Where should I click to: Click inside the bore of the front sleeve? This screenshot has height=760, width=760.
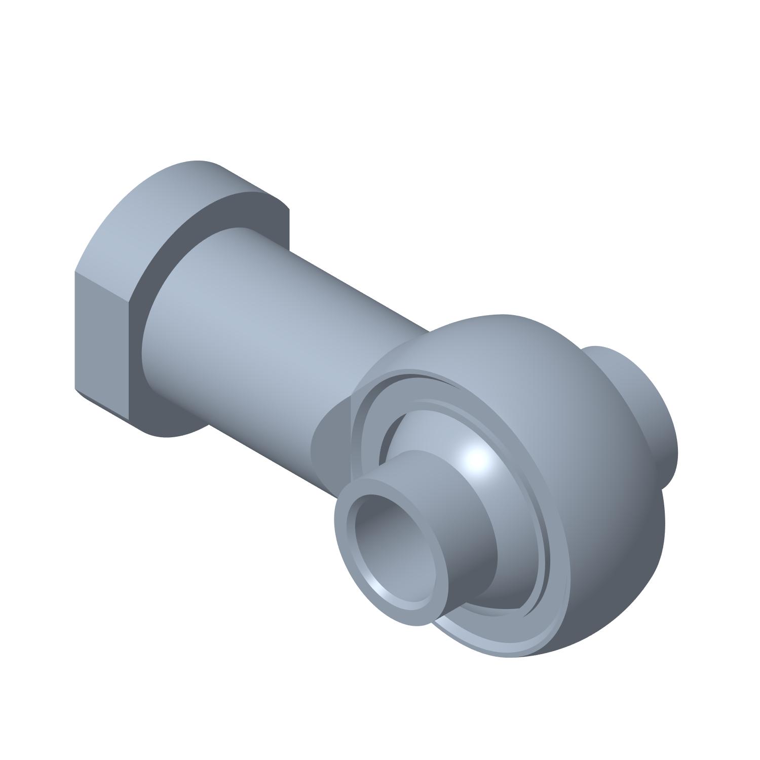[393, 532]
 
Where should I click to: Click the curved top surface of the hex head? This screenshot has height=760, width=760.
[167, 203]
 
